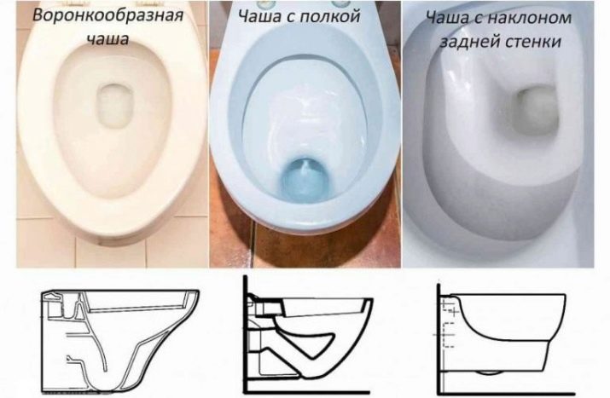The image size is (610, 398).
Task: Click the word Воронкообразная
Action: coord(107,16)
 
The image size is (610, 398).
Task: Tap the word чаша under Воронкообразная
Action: coord(107,39)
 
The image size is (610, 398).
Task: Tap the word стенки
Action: coord(531,42)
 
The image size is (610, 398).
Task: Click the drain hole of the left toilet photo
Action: coord(113,107)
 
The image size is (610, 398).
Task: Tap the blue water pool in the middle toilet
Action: coord(305,180)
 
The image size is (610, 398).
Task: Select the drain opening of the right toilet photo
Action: coord(537,110)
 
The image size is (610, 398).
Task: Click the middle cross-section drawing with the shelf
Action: coord(307,334)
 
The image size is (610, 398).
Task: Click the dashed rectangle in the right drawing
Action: coord(450,334)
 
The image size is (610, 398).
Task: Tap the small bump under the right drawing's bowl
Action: coord(489,372)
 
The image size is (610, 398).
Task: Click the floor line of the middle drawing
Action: coord(307,392)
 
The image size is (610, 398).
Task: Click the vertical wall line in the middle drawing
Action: coord(246,334)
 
